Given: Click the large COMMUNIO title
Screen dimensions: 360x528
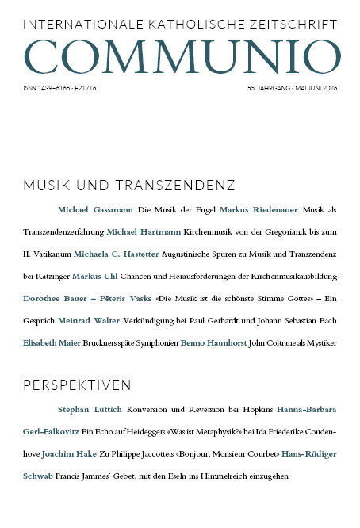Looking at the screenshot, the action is pos(179,53).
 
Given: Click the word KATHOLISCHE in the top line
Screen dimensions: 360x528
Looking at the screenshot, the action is pos(163,25).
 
